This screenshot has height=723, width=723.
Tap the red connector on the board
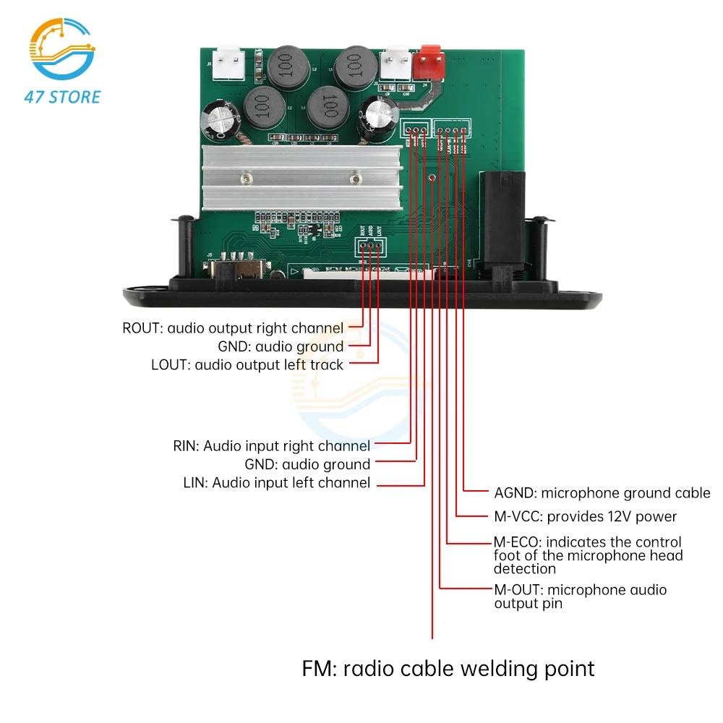[430, 62]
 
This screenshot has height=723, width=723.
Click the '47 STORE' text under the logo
[63, 96]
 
